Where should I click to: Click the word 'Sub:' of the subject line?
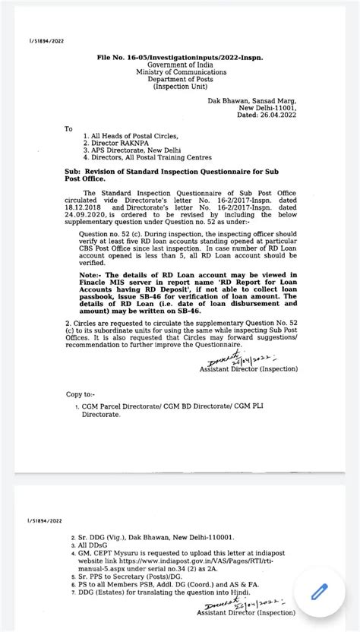pyautogui.click(x=74, y=172)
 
